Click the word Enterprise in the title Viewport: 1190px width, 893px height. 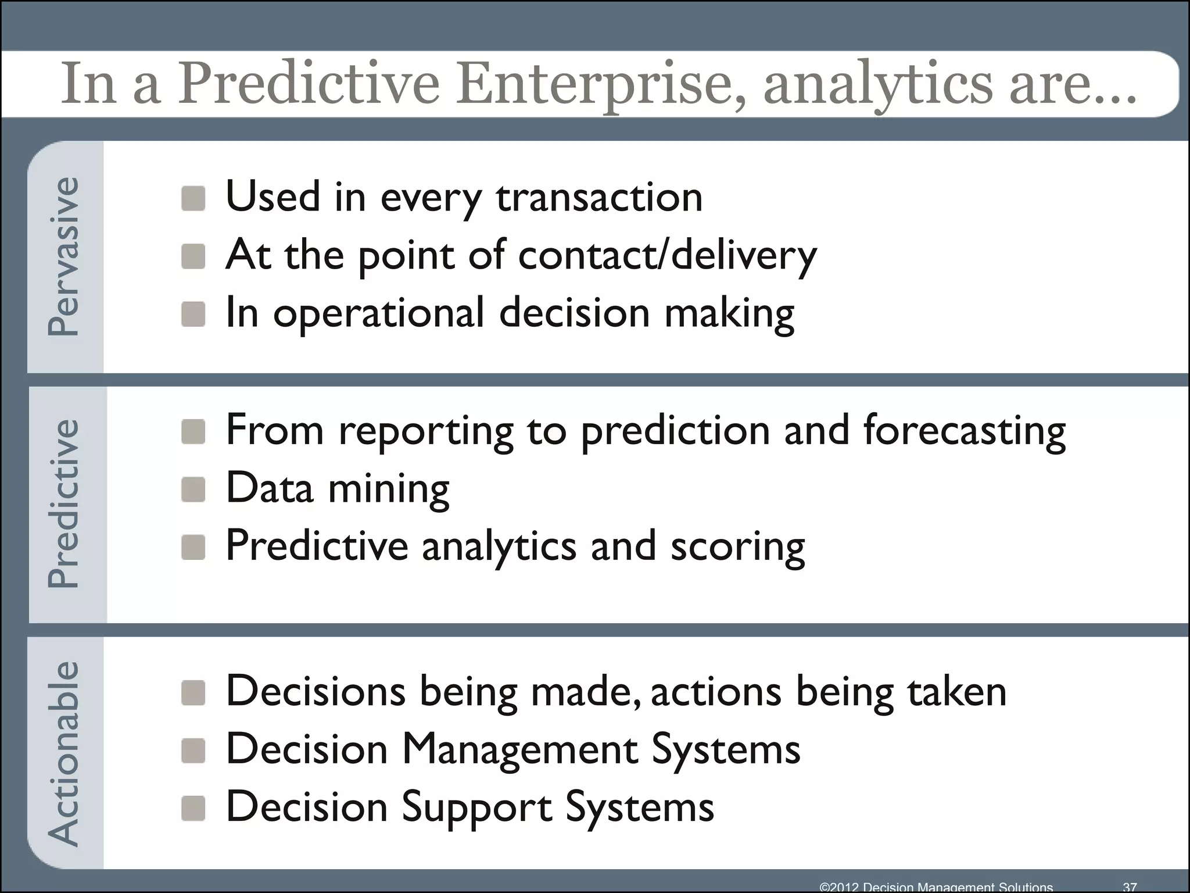click(x=598, y=84)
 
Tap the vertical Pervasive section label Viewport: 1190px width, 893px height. click(x=63, y=256)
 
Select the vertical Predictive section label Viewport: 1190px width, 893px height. click(x=63, y=503)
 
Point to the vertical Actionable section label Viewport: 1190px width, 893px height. click(x=63, y=753)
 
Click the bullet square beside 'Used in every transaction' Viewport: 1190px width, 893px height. click(x=193, y=198)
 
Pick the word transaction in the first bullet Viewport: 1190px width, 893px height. click(x=599, y=197)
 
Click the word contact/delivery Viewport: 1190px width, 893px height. click(x=667, y=255)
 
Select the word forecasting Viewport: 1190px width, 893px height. click(x=964, y=431)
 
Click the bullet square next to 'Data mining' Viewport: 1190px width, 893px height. click(x=193, y=490)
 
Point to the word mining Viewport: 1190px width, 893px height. click(x=389, y=488)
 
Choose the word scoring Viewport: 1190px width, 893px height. click(x=737, y=546)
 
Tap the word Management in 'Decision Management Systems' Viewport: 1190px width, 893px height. click(x=519, y=749)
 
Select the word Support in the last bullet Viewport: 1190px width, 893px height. click(x=476, y=808)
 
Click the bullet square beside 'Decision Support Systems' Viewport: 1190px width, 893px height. click(x=193, y=808)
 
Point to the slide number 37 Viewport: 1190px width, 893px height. click(x=1130, y=887)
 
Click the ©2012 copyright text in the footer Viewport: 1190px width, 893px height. click(x=935, y=887)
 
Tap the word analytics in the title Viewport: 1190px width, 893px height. click(x=877, y=84)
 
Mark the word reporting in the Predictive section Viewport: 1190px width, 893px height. click(x=426, y=431)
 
